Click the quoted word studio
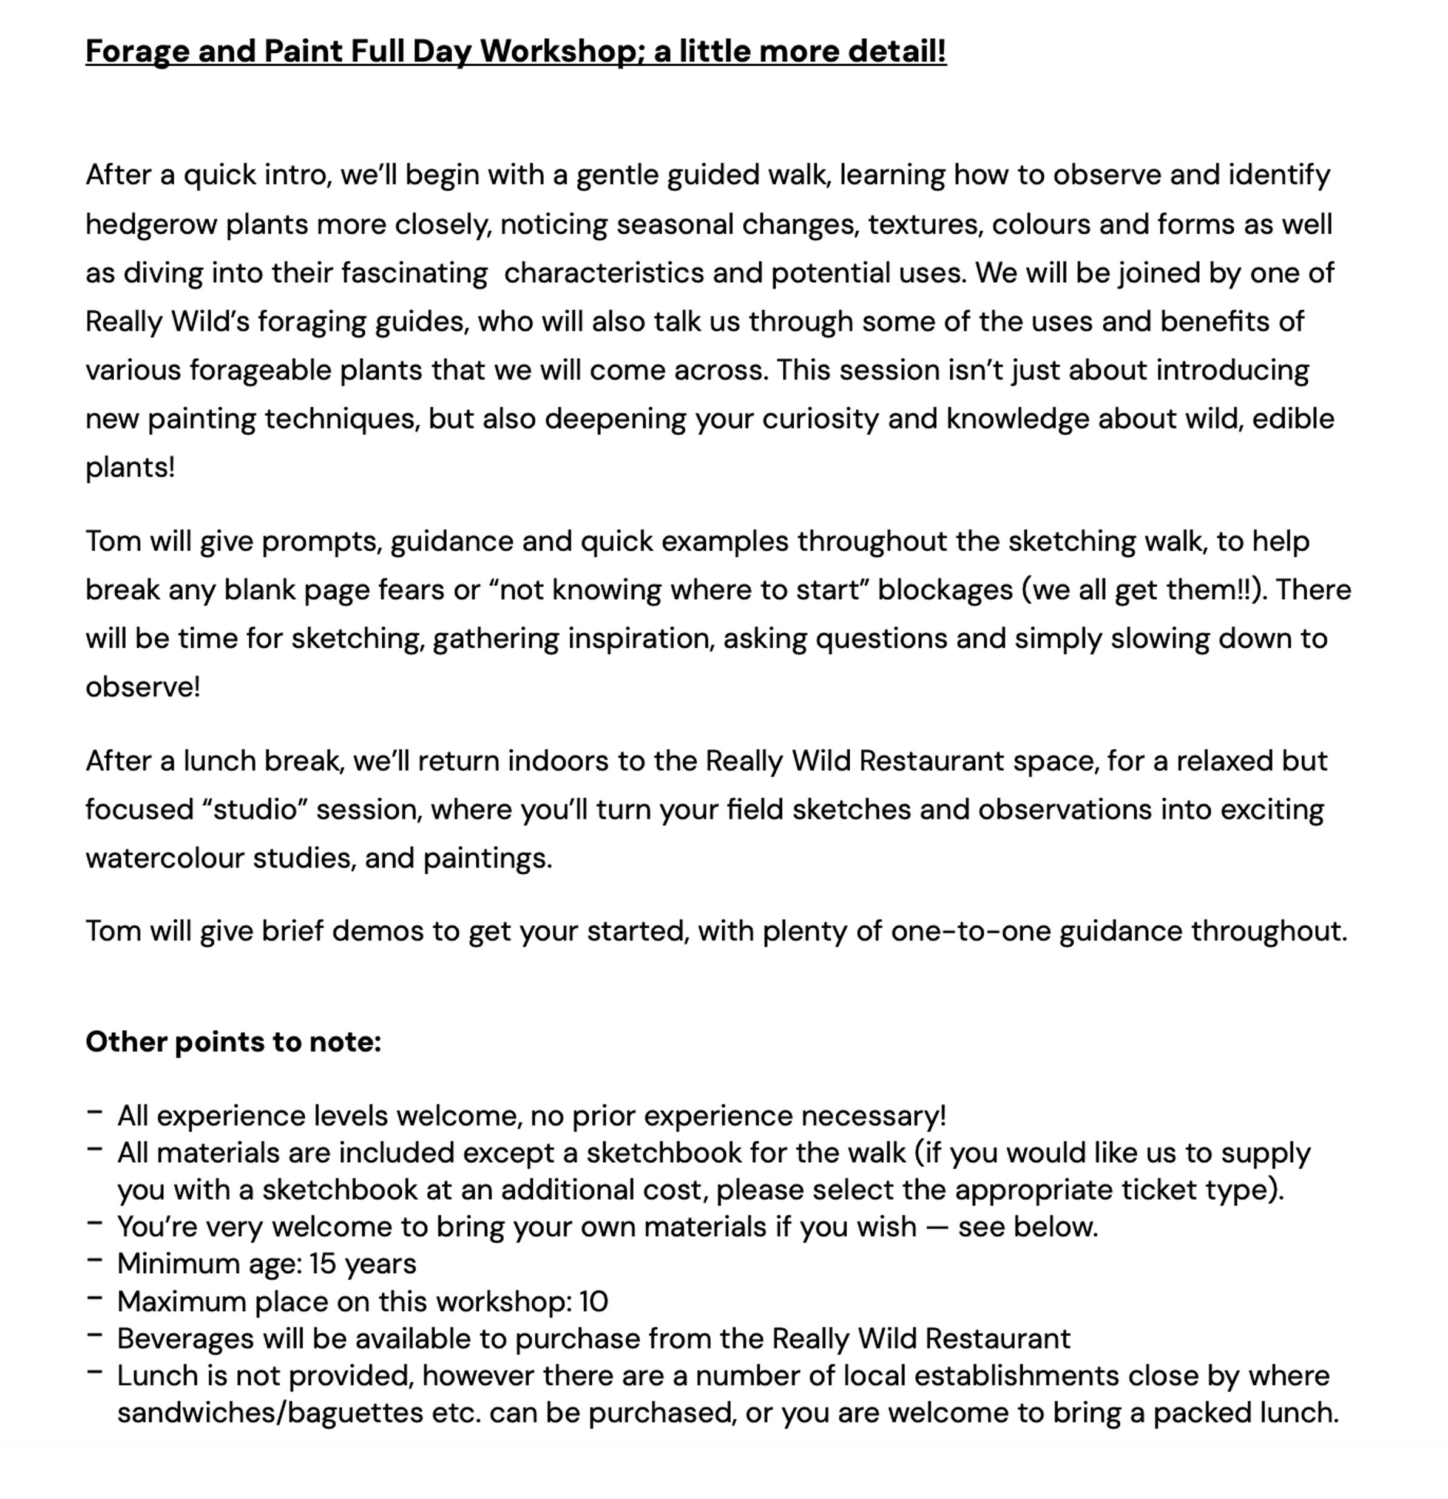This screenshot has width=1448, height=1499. click(x=255, y=810)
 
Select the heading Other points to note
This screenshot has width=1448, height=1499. click(x=233, y=1042)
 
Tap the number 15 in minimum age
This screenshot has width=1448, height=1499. click(x=323, y=1263)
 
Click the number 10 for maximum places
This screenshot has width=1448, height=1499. click(x=594, y=1301)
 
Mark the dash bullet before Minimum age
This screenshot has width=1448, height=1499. click(x=95, y=1261)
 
